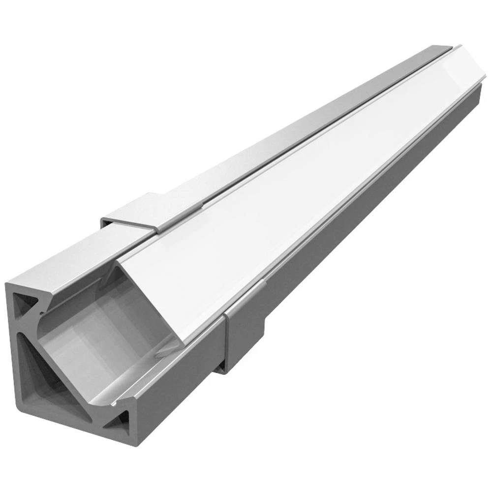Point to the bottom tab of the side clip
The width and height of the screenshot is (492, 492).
click(x=221, y=367)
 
